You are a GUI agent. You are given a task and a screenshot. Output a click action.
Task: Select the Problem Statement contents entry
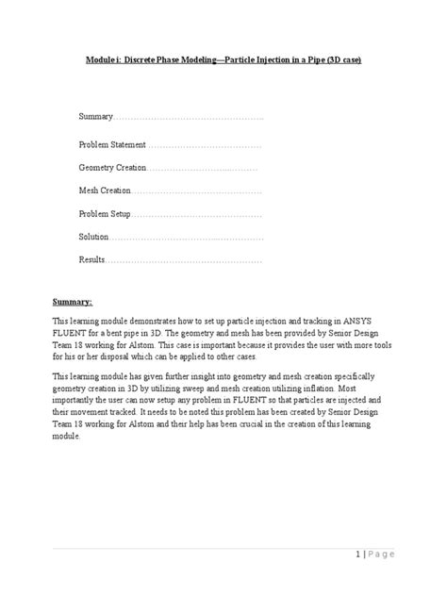point(112,145)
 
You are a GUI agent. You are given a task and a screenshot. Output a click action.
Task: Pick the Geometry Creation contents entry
point(112,168)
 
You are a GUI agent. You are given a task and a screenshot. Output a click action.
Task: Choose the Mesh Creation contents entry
point(105,190)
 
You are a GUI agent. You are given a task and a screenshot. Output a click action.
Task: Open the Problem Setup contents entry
point(105,213)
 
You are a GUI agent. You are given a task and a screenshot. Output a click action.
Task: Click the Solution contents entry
point(94,236)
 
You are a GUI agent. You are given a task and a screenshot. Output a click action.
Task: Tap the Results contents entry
point(91,258)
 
